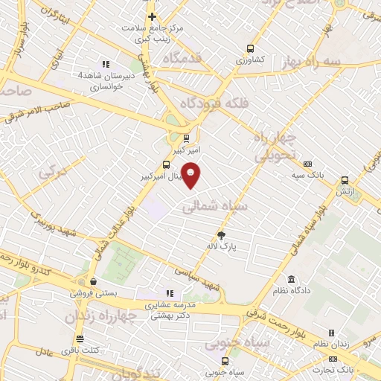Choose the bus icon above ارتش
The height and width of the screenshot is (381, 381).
344,180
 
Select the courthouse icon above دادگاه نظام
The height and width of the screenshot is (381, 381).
291,279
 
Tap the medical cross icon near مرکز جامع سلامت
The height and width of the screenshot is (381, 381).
152,16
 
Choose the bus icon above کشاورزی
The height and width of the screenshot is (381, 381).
250,49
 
